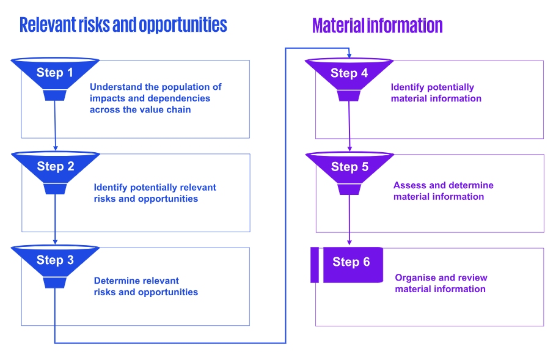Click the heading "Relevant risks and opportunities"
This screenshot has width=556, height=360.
[123, 25]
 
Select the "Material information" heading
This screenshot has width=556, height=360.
[377, 26]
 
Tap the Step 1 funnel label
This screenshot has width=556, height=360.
[55, 73]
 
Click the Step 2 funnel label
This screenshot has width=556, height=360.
[55, 166]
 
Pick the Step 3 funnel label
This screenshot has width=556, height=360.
[55, 260]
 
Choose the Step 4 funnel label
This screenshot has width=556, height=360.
[349, 73]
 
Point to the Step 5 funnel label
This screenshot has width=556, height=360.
[349, 167]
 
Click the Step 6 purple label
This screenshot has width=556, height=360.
[351, 262]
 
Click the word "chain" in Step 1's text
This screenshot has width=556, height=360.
[178, 109]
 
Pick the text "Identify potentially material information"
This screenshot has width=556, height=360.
[436, 93]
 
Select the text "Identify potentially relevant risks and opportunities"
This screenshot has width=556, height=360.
[155, 193]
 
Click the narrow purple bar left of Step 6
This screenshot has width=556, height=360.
[314, 265]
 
